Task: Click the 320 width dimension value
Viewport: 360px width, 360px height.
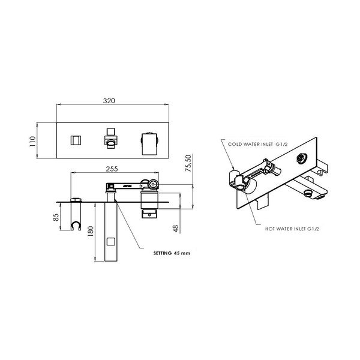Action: tap(109, 101)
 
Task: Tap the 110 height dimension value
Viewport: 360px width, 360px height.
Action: tap(32, 142)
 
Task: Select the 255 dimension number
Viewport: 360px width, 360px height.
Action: tap(112, 169)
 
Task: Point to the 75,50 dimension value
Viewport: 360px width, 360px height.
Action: tap(188, 163)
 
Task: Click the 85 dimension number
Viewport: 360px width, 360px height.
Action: tap(56, 217)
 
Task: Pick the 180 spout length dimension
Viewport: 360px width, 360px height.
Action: tap(91, 231)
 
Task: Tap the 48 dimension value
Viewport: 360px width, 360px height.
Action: tap(175, 229)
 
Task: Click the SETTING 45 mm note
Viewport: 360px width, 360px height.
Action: tap(172, 253)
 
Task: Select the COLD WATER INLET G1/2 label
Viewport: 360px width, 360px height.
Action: tap(257, 145)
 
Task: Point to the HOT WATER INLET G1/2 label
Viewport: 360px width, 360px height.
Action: tap(292, 229)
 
